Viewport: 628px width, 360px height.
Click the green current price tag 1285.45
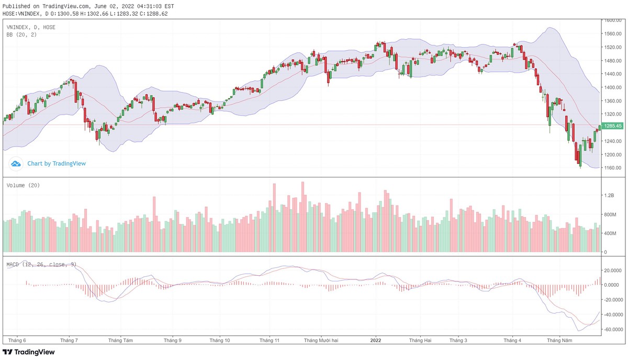[612, 126]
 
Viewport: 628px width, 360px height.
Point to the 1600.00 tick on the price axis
[613, 20]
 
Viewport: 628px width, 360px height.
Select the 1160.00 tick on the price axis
[613, 168]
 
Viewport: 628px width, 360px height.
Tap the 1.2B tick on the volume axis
[609, 195]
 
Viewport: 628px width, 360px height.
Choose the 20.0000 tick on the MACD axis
[613, 271]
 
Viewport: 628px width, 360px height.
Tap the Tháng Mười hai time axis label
[321, 340]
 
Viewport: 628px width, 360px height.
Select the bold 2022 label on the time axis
[376, 340]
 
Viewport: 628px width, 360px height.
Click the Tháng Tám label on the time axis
[120, 340]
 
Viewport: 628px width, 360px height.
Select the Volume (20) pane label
[23, 185]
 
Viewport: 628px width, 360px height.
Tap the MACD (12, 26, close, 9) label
[41, 264]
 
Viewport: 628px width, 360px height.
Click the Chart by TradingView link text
[57, 164]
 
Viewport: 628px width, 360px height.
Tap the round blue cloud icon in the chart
[16, 164]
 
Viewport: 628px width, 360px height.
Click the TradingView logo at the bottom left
[29, 352]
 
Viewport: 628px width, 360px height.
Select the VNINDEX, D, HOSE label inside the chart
[31, 27]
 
